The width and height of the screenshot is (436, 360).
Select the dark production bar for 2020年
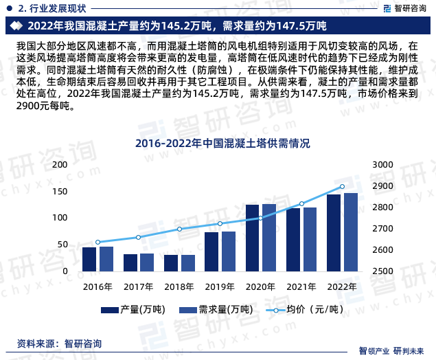252,238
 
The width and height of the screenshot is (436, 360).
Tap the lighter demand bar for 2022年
351,232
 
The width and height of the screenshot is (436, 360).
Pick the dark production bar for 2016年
89,259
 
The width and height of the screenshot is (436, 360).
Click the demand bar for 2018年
187,263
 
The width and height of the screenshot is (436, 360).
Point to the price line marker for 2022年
343,186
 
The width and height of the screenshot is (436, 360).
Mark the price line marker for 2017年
139,237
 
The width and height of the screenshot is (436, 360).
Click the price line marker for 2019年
220,223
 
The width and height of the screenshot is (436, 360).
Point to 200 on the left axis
61,164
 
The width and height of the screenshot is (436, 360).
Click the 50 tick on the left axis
63,245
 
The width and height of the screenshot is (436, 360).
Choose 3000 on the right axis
381,164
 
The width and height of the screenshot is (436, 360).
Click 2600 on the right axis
381,250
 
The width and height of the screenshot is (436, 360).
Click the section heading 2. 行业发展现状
48,8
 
